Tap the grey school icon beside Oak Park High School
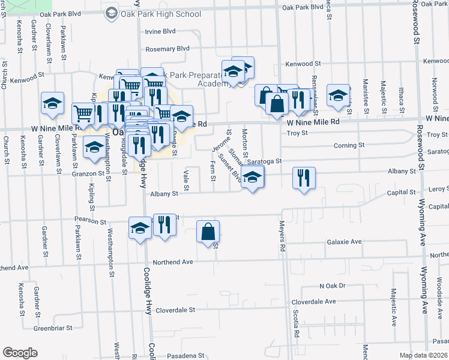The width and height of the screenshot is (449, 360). point(112,13)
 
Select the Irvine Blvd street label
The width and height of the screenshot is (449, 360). point(160,31)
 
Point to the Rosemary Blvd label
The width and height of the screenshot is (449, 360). point(167,49)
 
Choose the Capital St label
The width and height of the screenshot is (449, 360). point(402,193)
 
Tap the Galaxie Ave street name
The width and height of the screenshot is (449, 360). point(344,242)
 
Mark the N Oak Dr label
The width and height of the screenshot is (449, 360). point(333,286)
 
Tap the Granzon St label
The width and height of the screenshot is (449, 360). point(85,173)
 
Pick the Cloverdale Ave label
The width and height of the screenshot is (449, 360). point(313,301)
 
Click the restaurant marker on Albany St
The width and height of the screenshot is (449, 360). point(304,178)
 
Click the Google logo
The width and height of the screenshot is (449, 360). point(20,353)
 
